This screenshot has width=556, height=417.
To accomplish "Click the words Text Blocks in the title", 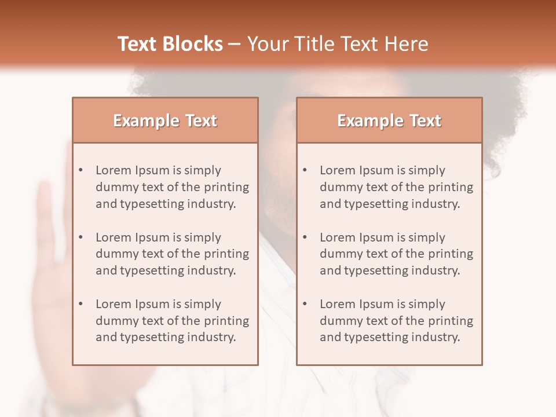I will (170, 44).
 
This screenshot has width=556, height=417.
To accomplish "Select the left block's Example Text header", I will (165, 120).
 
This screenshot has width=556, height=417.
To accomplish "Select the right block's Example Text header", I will (389, 120).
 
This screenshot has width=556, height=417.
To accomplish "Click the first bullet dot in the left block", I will (81, 170).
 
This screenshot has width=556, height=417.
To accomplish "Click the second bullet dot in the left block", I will (81, 237).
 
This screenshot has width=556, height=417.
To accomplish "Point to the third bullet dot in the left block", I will (81, 304).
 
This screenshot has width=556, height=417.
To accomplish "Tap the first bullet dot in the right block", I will (305, 170).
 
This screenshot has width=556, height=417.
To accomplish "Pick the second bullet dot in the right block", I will (305, 237).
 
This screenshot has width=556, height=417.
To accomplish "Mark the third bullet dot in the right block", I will (305, 304).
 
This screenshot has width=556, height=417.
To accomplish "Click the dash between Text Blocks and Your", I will (235, 44).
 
